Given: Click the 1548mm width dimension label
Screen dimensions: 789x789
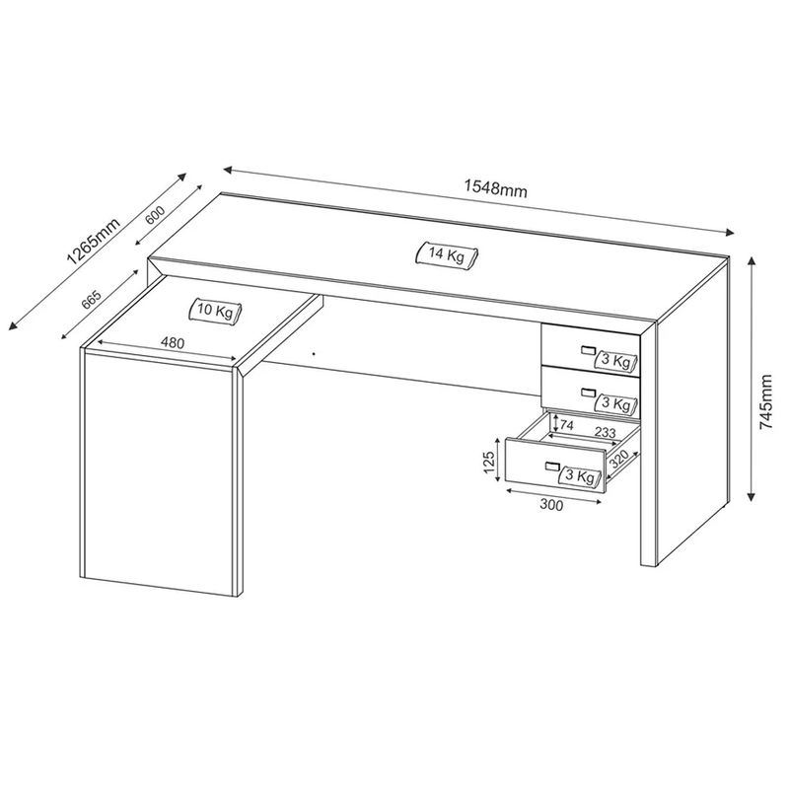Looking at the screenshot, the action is pos(496,188).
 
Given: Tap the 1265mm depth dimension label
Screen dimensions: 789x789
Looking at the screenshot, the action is pos(94,242).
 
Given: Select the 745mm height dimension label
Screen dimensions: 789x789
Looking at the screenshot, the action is pos(766,401).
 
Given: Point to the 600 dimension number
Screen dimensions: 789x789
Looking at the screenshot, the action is pos(155,215).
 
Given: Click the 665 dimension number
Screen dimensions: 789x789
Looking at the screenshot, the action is pos(91,300).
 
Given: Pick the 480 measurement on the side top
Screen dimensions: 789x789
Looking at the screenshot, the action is pos(173,342).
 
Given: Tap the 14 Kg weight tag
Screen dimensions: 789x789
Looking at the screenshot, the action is pos(447,255).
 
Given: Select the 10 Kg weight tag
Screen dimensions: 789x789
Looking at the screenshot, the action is pos(215,311).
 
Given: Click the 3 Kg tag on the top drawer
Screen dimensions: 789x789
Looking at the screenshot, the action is pos(615,361).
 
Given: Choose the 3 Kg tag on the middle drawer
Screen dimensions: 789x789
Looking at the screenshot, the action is pos(615,403).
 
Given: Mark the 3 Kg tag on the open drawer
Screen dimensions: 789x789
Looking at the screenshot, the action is pos(580,476).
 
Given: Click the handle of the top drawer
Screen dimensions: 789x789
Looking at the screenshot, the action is pos(588,350).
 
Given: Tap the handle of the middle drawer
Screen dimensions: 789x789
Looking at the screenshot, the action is pos(588,392).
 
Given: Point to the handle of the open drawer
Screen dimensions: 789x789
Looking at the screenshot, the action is pos(552,466).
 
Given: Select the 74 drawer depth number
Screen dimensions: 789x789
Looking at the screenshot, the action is pos(566,425).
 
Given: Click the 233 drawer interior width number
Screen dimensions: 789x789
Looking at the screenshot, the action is pos(605,432).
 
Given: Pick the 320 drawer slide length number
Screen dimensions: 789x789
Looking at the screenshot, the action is pos(619,459).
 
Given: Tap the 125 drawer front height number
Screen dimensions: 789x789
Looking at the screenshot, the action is pos(489,462).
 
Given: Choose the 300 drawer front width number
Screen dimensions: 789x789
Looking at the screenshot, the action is pos(551,504).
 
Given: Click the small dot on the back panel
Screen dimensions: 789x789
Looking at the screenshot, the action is pos(314,354).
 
